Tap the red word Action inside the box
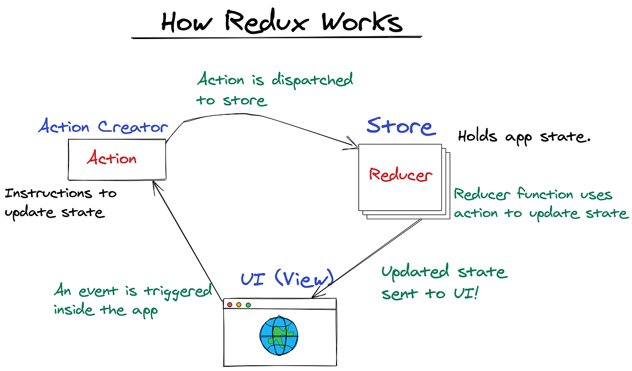[112, 158]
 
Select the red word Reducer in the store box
[401, 175]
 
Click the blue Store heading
[400, 126]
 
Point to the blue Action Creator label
[103, 127]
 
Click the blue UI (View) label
[287, 278]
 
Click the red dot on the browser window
[229, 305]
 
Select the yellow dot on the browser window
[239, 305]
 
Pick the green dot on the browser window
[248, 305]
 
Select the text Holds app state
[525, 138]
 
